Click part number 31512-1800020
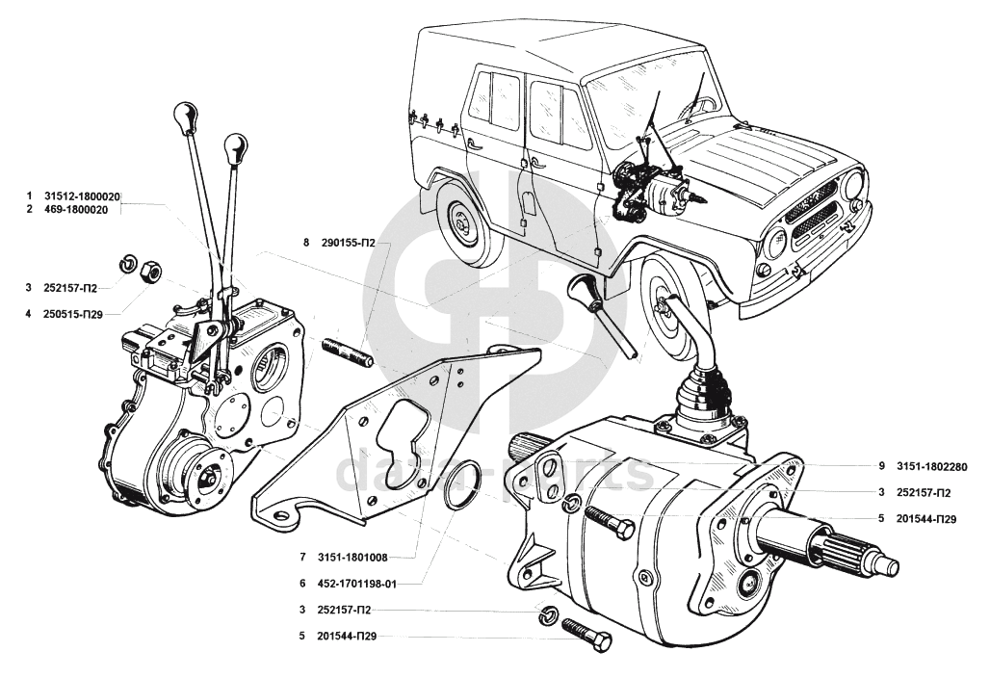82,196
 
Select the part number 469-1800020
82,209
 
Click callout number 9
881,466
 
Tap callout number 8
306,243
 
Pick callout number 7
302,557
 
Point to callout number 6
302,584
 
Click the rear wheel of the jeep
465,222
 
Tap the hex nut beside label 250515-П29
150,273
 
